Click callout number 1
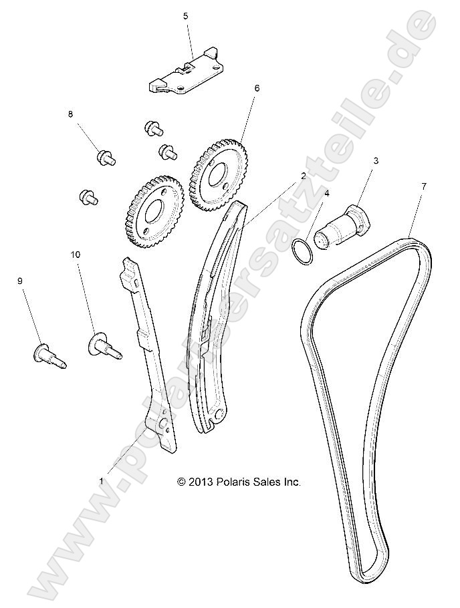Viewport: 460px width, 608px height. coord(102,480)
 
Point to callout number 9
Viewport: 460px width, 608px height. coord(19,281)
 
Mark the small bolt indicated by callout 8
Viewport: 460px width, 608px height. coord(106,157)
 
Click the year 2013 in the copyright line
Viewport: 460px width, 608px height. coord(201,481)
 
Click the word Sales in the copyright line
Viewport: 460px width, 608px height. coord(269,481)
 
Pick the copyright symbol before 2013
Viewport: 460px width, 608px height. coord(181,481)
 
